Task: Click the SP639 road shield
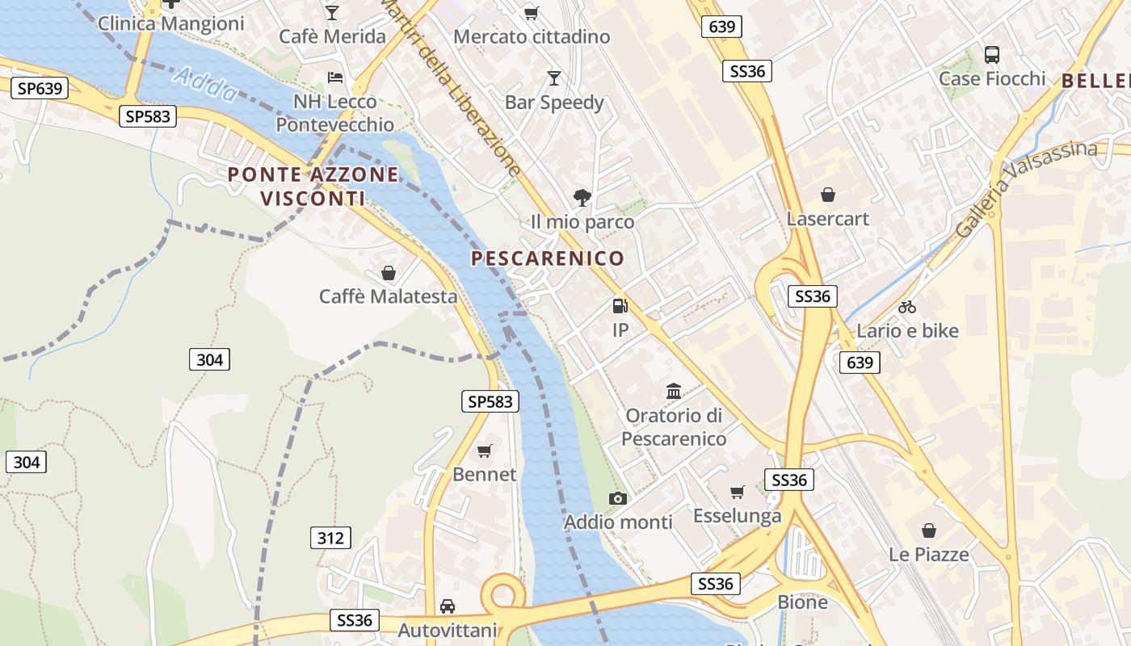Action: coord(40,88)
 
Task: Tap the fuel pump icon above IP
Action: coord(620,306)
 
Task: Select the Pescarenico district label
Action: coord(548,258)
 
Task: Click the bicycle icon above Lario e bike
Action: coord(907,307)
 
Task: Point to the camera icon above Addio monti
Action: coord(618,498)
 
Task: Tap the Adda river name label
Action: coord(206,85)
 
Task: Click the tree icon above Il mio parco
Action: coord(582,197)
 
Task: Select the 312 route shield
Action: coord(330,538)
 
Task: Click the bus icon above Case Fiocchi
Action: coord(992,55)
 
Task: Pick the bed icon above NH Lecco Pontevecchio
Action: coord(335,78)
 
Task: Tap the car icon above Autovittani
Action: coord(448,606)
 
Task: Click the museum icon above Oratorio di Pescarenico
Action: coord(674,392)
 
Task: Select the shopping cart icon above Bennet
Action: coord(484,451)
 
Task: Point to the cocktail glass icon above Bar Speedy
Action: coord(554,78)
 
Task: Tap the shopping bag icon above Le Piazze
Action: coord(929,531)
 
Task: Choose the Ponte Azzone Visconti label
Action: coord(313,186)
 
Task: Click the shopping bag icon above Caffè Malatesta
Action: coord(389,273)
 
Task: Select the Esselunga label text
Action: coord(737,516)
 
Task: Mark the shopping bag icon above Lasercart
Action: coord(828,195)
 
